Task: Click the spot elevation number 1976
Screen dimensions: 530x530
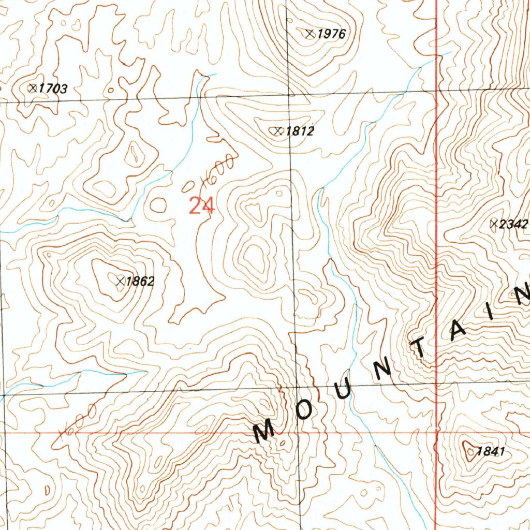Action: (331, 35)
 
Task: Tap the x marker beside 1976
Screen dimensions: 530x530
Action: (310, 34)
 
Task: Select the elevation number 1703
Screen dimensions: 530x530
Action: (53, 89)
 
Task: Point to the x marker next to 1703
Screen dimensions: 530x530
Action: (33, 89)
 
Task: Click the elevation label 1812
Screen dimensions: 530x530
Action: (300, 131)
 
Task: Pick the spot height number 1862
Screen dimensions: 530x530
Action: (140, 282)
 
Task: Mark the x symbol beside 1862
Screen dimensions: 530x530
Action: (120, 281)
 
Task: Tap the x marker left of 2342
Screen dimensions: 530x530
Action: (494, 224)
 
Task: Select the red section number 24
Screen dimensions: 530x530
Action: (201, 206)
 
